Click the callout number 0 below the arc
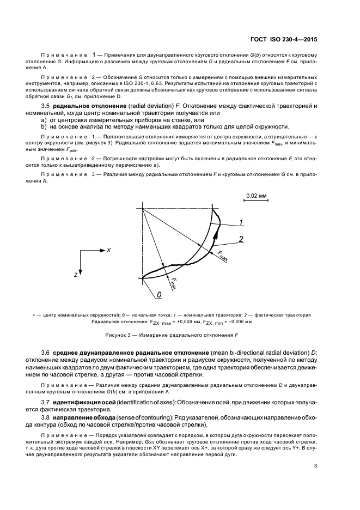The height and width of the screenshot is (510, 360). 159,295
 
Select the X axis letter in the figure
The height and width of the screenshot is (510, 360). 109,250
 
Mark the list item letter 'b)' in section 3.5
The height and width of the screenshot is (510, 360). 45,126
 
